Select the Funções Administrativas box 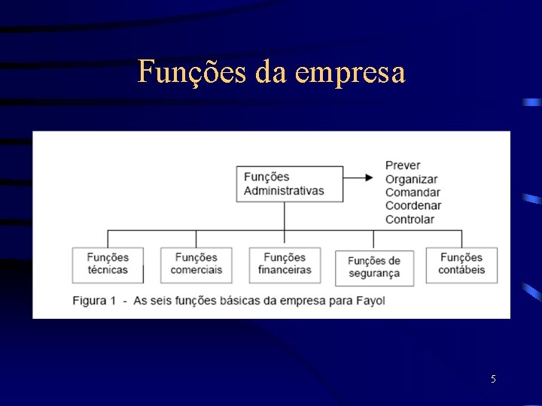pyautogui.click(x=289, y=184)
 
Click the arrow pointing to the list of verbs pyautogui.click(x=358, y=177)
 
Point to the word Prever pyautogui.click(x=403, y=165)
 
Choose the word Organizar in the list pyautogui.click(x=411, y=179)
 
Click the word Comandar pyautogui.click(x=413, y=192)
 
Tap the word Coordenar pyautogui.click(x=413, y=206)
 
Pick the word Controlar pyautogui.click(x=410, y=220)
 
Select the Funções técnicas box pyautogui.click(x=108, y=265)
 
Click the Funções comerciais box pyautogui.click(x=196, y=265)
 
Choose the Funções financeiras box pyautogui.click(x=285, y=265)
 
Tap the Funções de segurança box pyautogui.click(x=374, y=268)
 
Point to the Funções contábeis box pyautogui.click(x=461, y=265)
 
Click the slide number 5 pyautogui.click(x=493, y=379)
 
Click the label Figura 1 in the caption pyautogui.click(x=94, y=301)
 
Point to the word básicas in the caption pyautogui.click(x=241, y=301)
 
